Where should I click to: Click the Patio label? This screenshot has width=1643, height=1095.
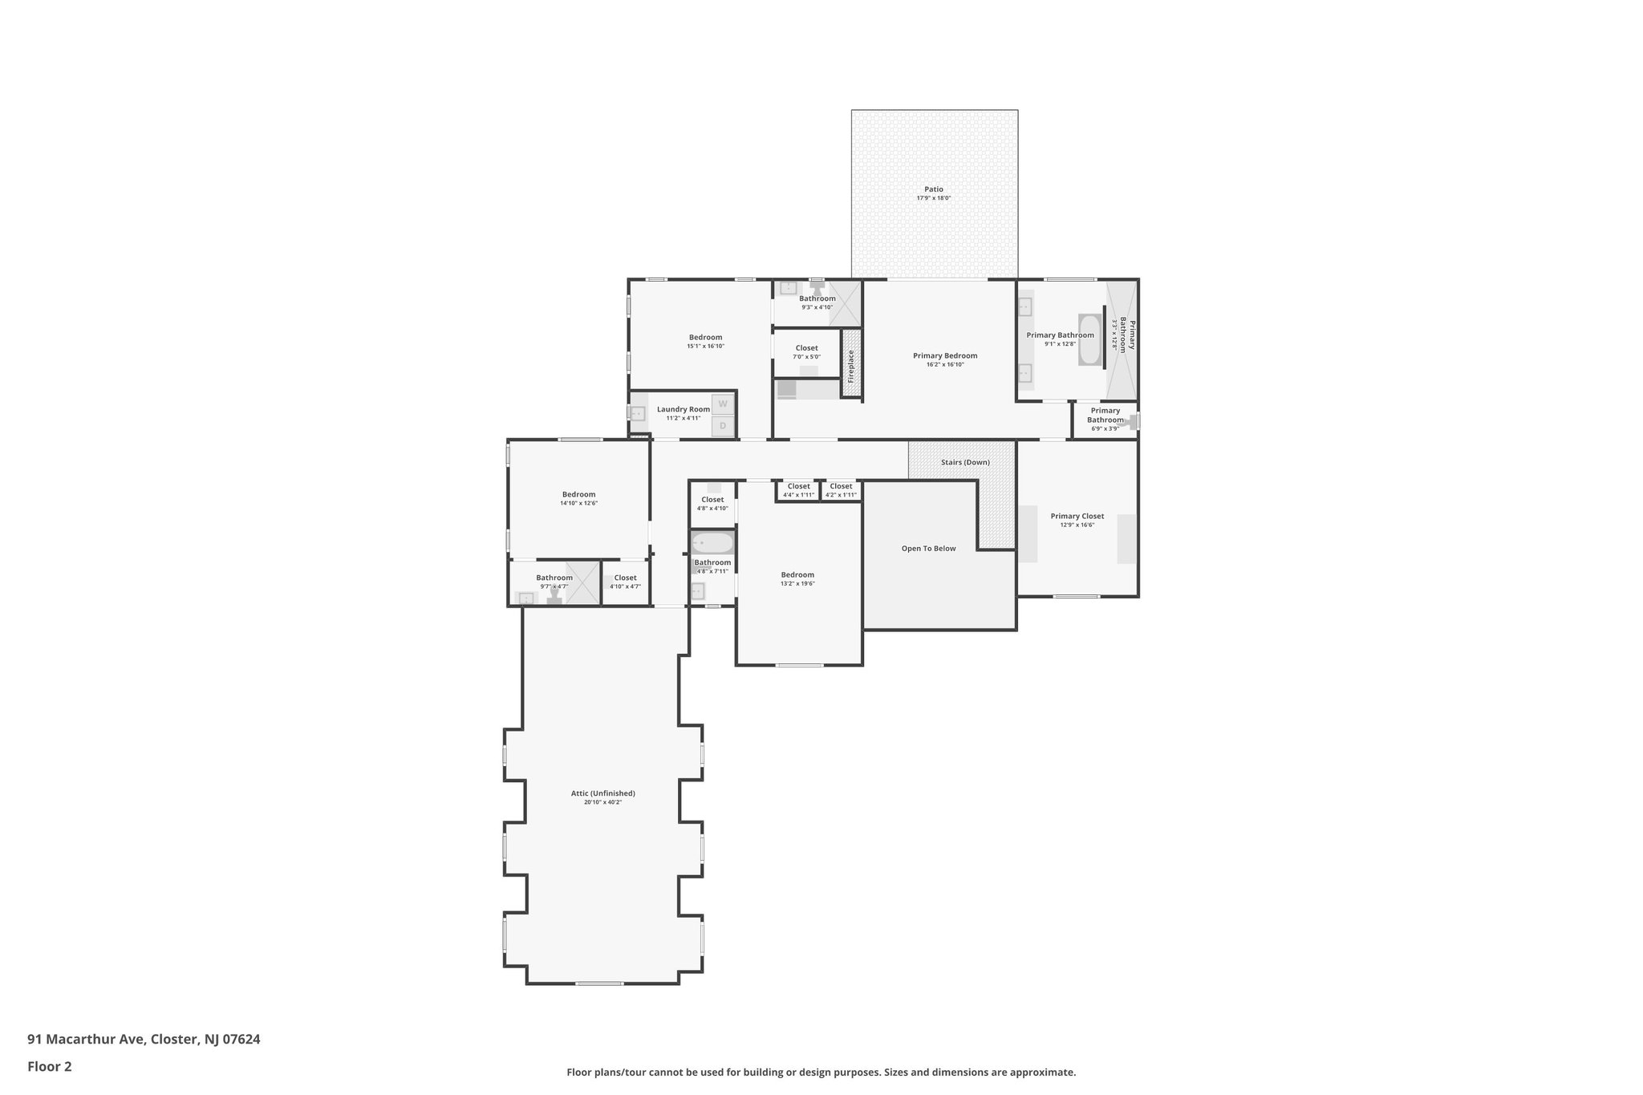933,189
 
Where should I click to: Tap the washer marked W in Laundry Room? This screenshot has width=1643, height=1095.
723,404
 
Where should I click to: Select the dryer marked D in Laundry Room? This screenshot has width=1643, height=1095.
723,426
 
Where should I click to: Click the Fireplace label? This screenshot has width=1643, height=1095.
851,366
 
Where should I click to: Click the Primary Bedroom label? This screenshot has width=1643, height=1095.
944,355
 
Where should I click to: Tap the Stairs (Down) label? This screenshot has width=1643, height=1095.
965,462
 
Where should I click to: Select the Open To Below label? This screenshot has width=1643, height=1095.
928,549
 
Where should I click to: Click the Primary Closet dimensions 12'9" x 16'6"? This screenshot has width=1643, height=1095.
1077,525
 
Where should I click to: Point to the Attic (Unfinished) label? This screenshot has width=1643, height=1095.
602,793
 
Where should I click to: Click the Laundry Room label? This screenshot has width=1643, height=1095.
684,409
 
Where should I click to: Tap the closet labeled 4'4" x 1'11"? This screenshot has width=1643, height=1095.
798,490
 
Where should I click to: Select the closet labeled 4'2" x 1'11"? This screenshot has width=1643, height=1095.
841,490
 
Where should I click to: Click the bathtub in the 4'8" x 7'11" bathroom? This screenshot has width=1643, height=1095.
712,543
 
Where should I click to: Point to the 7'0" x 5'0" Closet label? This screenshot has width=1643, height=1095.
806,348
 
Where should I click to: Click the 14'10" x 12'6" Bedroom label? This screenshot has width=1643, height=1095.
578,495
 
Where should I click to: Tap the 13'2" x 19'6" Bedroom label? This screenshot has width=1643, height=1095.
797,574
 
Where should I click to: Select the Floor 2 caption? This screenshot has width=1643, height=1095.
50,1066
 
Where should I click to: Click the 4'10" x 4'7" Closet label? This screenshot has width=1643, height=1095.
625,578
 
